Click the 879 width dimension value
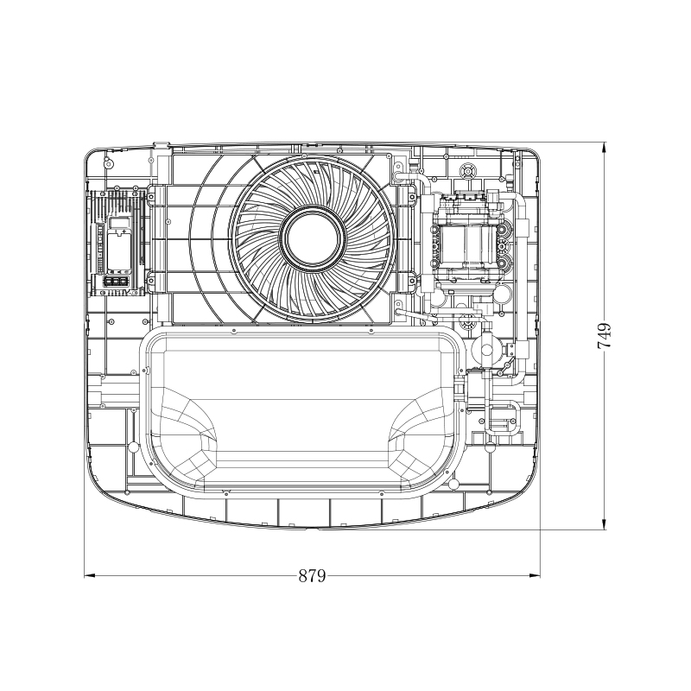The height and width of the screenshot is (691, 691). [312, 575]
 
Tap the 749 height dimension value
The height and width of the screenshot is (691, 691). [604, 336]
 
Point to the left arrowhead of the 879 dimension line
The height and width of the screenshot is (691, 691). [90, 575]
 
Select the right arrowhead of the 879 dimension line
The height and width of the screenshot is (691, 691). [535, 575]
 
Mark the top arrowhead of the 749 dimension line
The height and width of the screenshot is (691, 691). [604, 148]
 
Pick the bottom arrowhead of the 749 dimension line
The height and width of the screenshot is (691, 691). [604, 524]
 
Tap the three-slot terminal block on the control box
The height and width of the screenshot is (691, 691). [117, 282]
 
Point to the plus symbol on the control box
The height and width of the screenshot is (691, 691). [124, 231]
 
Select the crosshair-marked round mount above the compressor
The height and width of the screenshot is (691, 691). [467, 170]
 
